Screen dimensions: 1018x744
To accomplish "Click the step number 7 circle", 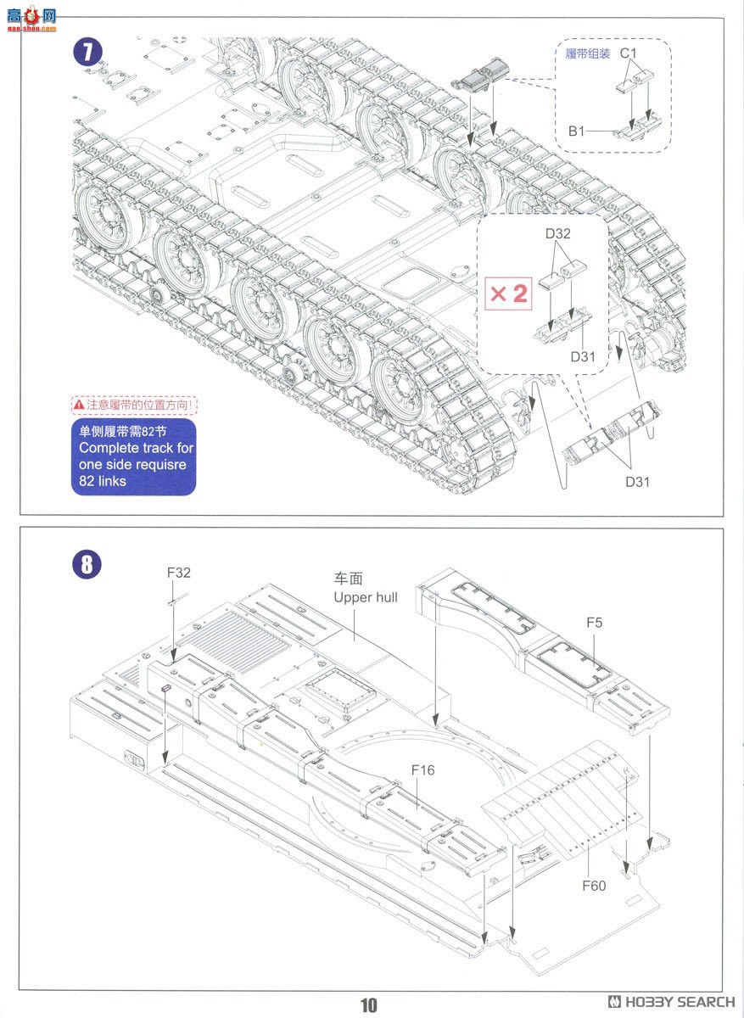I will [x=87, y=51].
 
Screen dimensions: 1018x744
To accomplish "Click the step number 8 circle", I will [x=87, y=563].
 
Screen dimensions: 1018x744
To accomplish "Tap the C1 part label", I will [x=628, y=53].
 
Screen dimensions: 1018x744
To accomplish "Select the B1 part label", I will [x=578, y=131].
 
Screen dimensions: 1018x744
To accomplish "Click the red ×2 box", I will [x=508, y=294].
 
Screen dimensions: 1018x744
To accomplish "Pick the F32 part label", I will [x=179, y=573].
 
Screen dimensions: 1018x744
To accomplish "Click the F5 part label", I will [x=594, y=623].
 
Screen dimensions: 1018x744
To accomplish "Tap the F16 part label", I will [x=422, y=769].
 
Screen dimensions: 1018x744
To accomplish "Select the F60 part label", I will [x=594, y=886].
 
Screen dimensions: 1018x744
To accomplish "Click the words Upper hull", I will [x=365, y=597].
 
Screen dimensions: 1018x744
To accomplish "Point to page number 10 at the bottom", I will [x=368, y=1005].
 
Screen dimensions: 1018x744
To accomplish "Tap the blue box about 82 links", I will [x=133, y=456].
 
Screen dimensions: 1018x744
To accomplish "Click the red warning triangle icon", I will [x=78, y=406].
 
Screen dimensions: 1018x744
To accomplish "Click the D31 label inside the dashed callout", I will [x=582, y=356].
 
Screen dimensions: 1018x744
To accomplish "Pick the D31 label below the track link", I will [x=637, y=482].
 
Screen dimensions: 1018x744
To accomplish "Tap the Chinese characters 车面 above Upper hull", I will [x=348, y=579].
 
